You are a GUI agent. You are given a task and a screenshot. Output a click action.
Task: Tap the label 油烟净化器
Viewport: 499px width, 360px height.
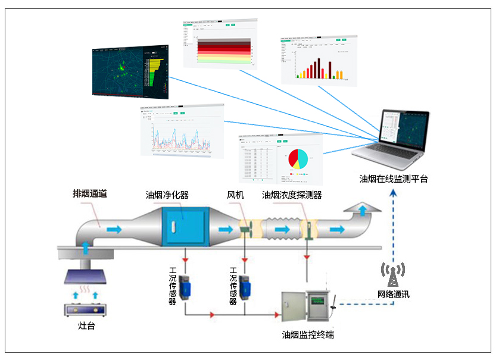coord(167,195)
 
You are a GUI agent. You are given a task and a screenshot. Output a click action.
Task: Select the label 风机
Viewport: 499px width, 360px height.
coord(235,195)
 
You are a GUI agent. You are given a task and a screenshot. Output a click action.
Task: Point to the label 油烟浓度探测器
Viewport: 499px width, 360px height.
coord(292,195)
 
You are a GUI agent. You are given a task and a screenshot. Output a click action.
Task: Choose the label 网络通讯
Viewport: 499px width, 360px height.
coord(394,294)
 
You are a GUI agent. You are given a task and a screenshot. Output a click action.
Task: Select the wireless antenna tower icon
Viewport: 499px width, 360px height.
coord(393,274)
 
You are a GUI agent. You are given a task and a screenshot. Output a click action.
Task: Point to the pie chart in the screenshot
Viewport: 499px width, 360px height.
coord(298,158)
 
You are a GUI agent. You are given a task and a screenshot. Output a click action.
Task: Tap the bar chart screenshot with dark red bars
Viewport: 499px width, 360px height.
coord(319,60)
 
